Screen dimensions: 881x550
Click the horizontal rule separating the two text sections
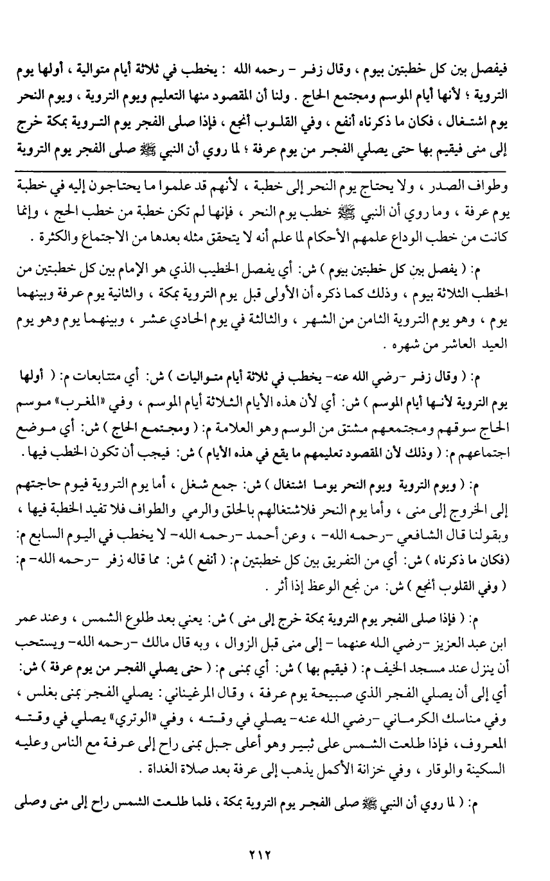point(275,171)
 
